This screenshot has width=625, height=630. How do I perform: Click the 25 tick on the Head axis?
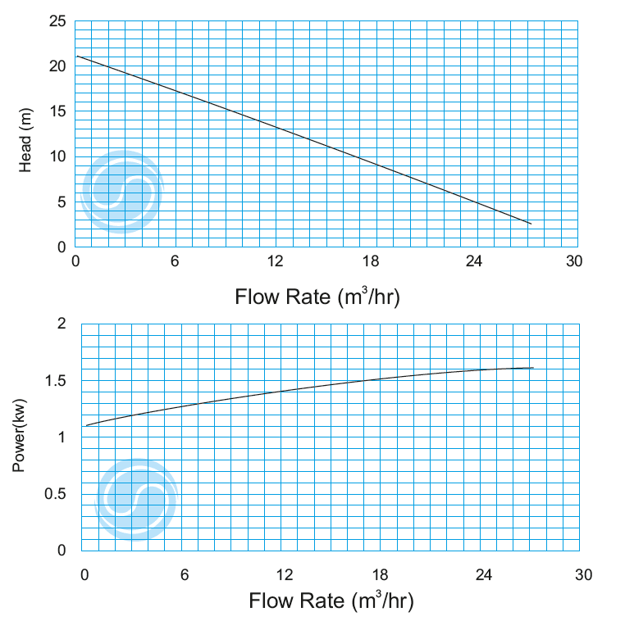(x=57, y=21)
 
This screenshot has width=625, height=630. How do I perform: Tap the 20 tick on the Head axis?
(x=57, y=66)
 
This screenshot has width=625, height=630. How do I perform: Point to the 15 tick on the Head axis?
(x=57, y=111)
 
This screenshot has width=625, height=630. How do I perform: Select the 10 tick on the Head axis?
(x=57, y=156)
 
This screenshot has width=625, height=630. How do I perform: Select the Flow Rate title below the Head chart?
(x=317, y=296)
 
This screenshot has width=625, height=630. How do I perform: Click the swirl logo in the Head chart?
(x=121, y=192)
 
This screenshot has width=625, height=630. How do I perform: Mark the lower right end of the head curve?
(x=531, y=223)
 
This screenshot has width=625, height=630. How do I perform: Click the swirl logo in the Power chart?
(x=136, y=498)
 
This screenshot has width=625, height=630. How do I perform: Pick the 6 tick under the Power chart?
(x=185, y=574)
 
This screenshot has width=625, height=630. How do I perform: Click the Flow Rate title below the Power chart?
(x=331, y=601)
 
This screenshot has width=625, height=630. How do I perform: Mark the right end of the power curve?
(x=533, y=368)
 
